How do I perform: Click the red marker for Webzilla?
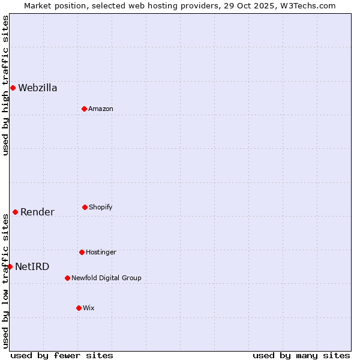coord(13,88)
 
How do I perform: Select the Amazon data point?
coord(84,109)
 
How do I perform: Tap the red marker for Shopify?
coord(85,207)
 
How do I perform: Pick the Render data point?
coord(15,212)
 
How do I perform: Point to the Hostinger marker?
coord(82,252)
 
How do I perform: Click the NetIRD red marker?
coord(10,266)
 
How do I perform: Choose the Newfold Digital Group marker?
coord(67,278)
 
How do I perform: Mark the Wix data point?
coord(79,308)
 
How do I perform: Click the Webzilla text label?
coord(38,88)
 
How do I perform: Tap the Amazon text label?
coord(101,109)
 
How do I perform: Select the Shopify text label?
coord(101,208)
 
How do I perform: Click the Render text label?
coord(37,212)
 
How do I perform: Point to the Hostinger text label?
coord(101,253)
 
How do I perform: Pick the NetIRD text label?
coord(32,267)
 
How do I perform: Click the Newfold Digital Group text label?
coord(106,278)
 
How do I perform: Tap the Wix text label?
coord(89,308)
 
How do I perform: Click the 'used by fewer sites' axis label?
coord(62,355)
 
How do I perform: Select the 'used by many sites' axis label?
coord(301,355)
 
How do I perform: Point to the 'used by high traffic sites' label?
coord(5,85)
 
